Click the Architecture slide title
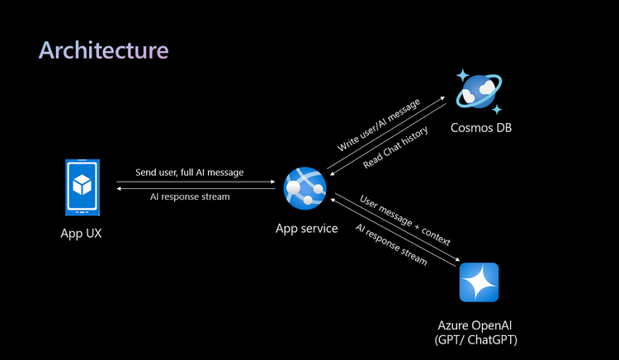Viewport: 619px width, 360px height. pyautogui.click(x=103, y=50)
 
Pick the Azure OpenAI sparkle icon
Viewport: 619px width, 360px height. pyautogui.click(x=479, y=282)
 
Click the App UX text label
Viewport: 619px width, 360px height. pyautogui.click(x=82, y=233)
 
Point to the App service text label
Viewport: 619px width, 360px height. pyautogui.click(x=306, y=228)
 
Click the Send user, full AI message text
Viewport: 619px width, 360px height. pyautogui.click(x=190, y=173)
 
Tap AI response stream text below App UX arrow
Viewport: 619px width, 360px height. pyautogui.click(x=190, y=197)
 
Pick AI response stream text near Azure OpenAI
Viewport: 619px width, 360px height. pyautogui.click(x=390, y=244)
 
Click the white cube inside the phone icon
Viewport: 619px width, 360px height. pyautogui.click(x=82, y=182)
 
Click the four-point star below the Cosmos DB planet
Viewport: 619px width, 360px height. pyautogui.click(x=497, y=108)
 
